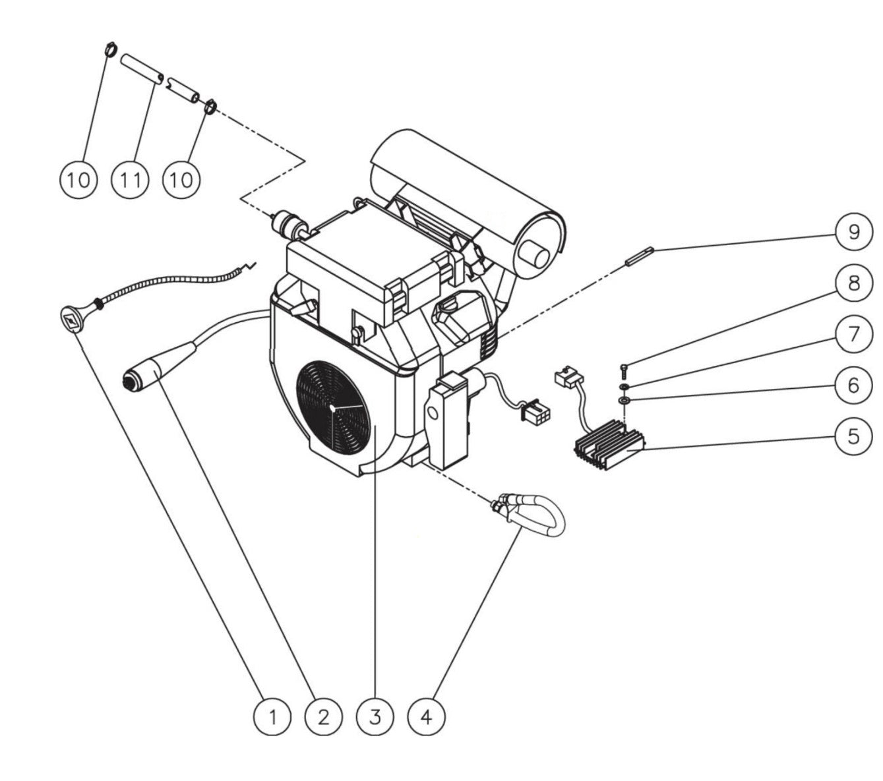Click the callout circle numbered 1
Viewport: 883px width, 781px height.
pyautogui.click(x=272, y=716)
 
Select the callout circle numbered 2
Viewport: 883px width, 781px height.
pyautogui.click(x=323, y=716)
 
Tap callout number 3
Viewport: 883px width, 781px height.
pyautogui.click(x=375, y=716)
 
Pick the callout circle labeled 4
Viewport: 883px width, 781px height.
pyautogui.click(x=426, y=716)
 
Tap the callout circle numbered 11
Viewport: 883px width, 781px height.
pyautogui.click(x=130, y=179)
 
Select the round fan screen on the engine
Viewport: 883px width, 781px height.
pyautogui.click(x=331, y=409)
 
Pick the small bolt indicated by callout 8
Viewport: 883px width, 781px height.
pyautogui.click(x=624, y=368)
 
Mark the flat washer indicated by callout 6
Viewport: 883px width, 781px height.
pyautogui.click(x=623, y=400)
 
